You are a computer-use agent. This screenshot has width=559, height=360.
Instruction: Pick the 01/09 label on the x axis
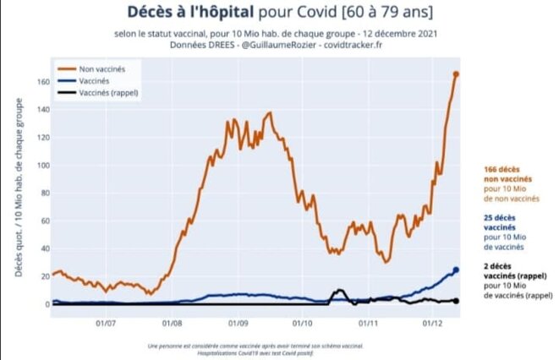coord(238,321)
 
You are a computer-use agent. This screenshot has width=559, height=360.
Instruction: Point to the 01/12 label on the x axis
coord(433,321)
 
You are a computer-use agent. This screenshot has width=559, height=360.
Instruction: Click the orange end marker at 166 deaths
coord(456,74)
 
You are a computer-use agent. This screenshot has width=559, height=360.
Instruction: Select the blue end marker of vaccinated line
coord(456,270)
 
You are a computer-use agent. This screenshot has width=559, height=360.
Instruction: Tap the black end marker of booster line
coord(456,301)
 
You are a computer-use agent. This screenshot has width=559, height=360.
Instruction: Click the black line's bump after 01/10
coord(340,292)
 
